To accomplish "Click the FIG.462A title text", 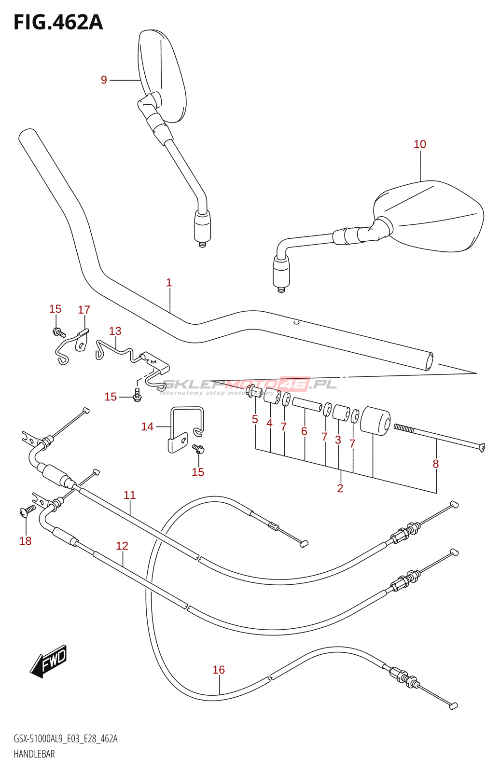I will [58, 22].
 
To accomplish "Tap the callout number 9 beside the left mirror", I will [104, 80].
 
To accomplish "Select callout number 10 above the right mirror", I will [420, 144].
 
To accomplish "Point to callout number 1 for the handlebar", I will [169, 283].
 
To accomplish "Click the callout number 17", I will [84, 310].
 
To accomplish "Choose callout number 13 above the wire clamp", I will [115, 331].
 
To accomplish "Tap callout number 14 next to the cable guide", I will [147, 427].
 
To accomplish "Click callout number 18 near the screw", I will [25, 541].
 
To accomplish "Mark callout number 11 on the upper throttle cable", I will [130, 495].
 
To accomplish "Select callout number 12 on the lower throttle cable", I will [122, 546].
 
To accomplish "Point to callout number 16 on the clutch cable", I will [219, 670].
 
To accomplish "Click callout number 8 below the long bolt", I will [436, 464].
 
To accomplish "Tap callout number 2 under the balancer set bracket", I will [340, 488].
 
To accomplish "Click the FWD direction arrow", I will [49, 661].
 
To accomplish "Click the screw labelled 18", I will [27, 510].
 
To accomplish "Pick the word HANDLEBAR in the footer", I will [34, 754].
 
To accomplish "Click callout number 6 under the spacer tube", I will [304, 431].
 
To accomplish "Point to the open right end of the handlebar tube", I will [429, 361].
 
